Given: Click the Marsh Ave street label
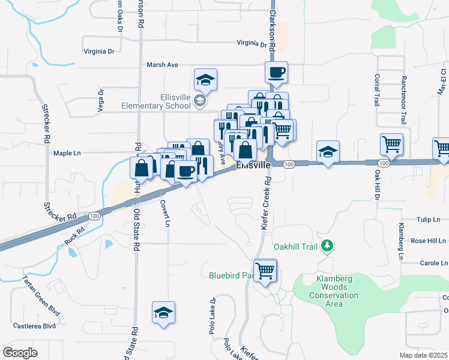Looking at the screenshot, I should tap(163, 65).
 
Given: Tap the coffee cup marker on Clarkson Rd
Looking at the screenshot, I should tap(276, 73).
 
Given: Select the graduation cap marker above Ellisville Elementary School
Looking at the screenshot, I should tap(205, 80).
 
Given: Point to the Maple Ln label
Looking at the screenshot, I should tap(67, 153).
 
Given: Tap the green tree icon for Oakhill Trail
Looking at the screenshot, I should tap(327, 245).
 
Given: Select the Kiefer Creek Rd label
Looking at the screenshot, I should tap(265, 201).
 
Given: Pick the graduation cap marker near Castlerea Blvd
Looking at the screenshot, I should tap(163, 313).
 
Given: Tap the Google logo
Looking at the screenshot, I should tap(20, 352).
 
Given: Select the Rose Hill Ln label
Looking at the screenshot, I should tap(428, 241).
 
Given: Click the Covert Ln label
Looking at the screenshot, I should tap(164, 212).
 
